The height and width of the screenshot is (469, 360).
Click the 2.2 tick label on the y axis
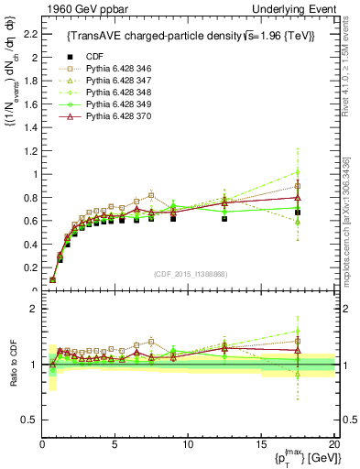29,34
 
